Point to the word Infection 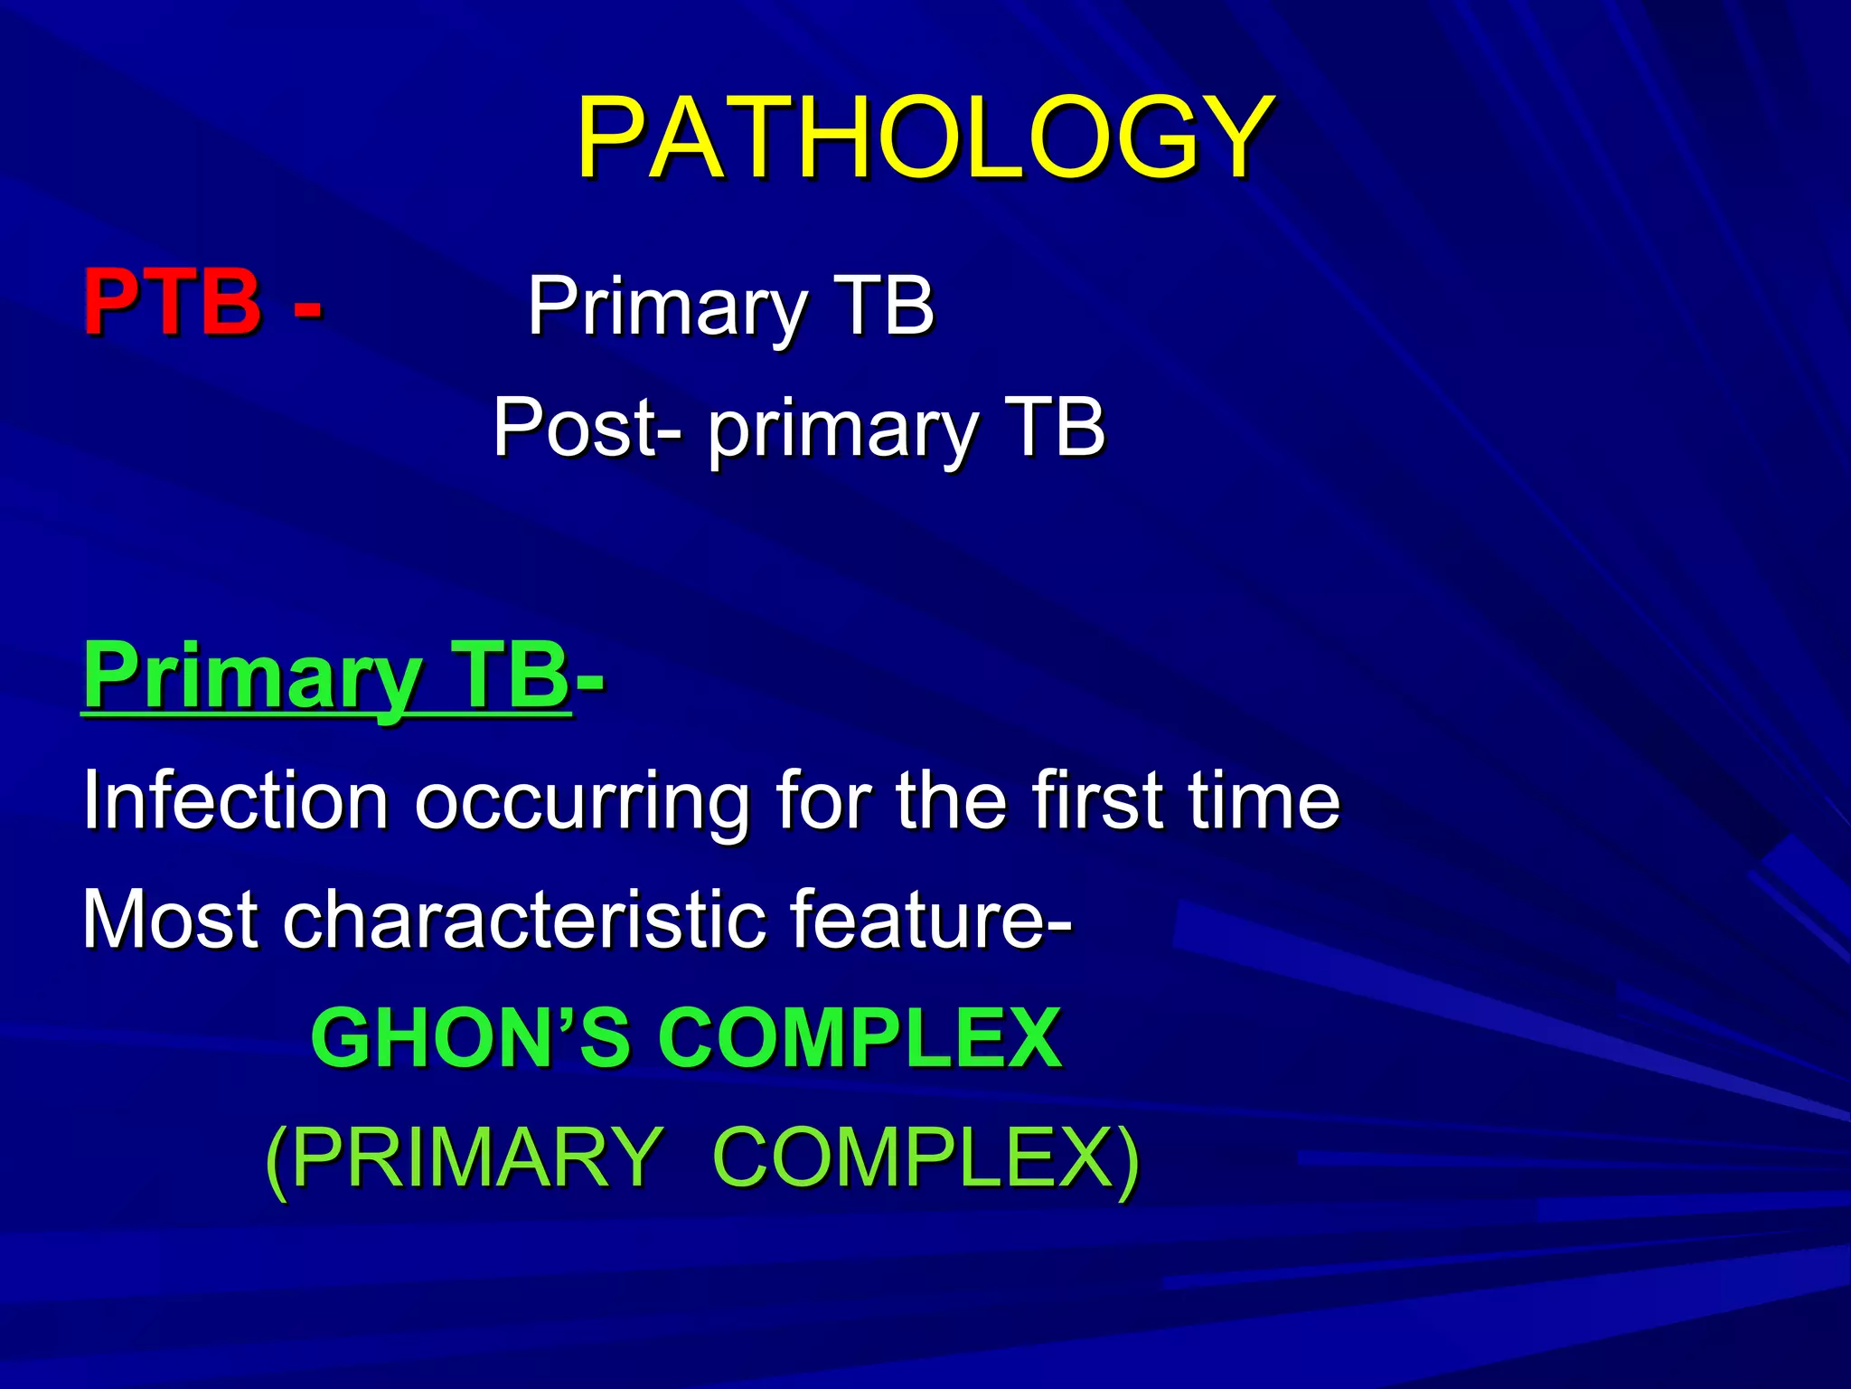(x=235, y=800)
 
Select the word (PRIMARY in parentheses (x=465, y=1157)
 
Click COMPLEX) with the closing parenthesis (x=926, y=1157)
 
